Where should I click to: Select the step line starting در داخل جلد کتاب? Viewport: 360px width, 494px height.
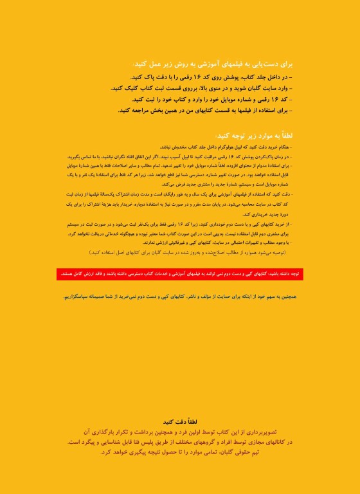point(212,77)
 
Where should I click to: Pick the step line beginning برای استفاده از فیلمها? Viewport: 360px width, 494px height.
point(206,110)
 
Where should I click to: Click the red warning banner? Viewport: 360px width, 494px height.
point(180,274)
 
